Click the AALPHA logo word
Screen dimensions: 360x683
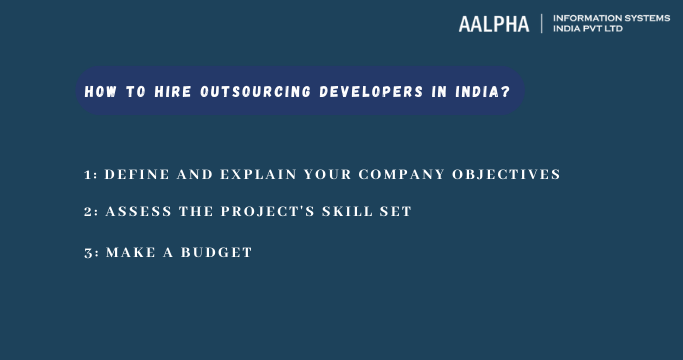494,24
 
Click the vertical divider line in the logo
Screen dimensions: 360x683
541,24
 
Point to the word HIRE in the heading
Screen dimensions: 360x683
173,91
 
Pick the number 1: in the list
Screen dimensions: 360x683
91,174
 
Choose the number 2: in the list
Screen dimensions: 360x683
91,212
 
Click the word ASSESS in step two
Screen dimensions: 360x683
136,212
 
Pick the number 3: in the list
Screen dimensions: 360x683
91,253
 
